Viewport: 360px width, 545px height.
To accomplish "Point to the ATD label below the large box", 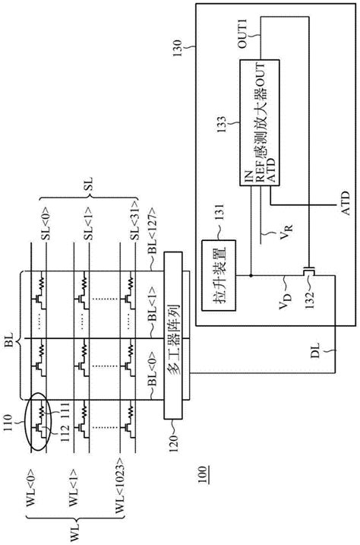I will [334, 204].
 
